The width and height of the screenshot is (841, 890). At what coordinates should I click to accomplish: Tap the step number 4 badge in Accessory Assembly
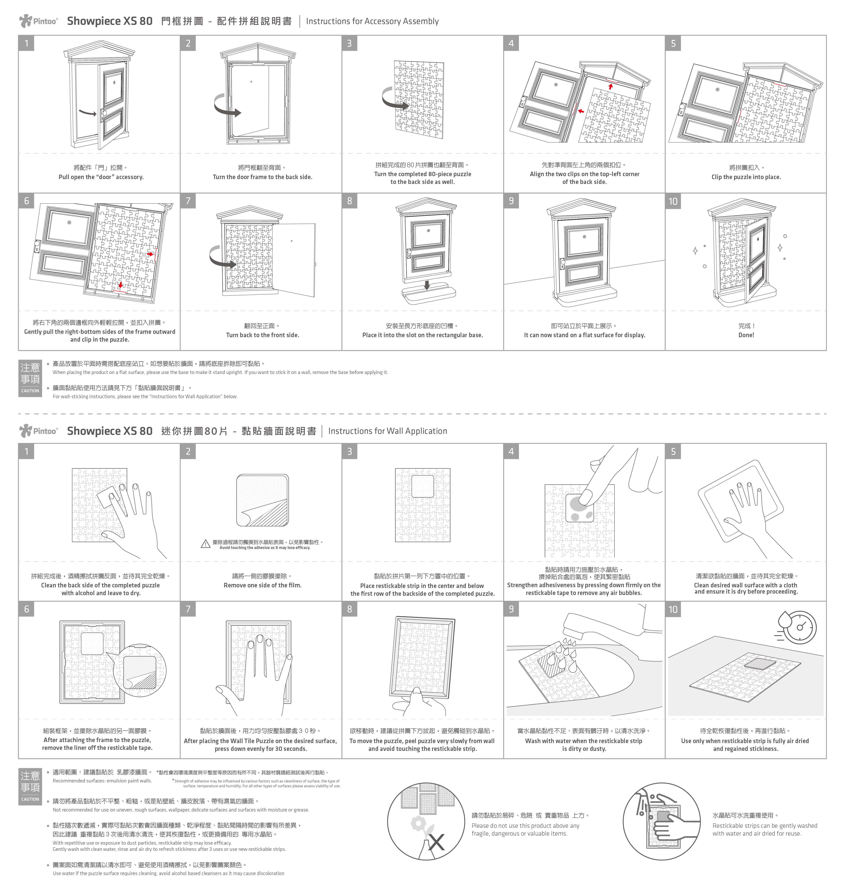coord(511,43)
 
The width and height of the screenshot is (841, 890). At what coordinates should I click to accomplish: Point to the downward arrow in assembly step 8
coord(427,285)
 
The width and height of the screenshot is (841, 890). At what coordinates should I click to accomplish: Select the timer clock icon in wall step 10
coord(799,628)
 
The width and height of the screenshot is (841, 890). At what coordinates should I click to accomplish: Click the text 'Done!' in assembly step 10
coord(746,335)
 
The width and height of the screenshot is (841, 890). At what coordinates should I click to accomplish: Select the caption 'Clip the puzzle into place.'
coord(746,177)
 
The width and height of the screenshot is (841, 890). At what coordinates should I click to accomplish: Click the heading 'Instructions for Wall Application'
coord(387,431)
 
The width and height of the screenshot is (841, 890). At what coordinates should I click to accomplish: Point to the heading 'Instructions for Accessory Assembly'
coord(372,21)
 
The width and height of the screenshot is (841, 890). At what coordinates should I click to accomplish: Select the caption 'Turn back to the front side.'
coord(262,335)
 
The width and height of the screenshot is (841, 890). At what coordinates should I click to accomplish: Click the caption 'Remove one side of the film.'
coord(262,585)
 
